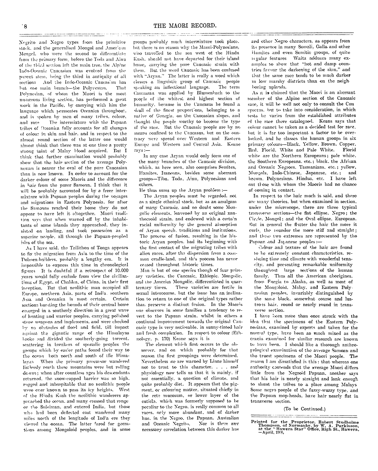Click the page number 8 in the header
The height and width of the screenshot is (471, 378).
(x=26, y=26)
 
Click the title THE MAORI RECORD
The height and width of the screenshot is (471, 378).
(x=185, y=26)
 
